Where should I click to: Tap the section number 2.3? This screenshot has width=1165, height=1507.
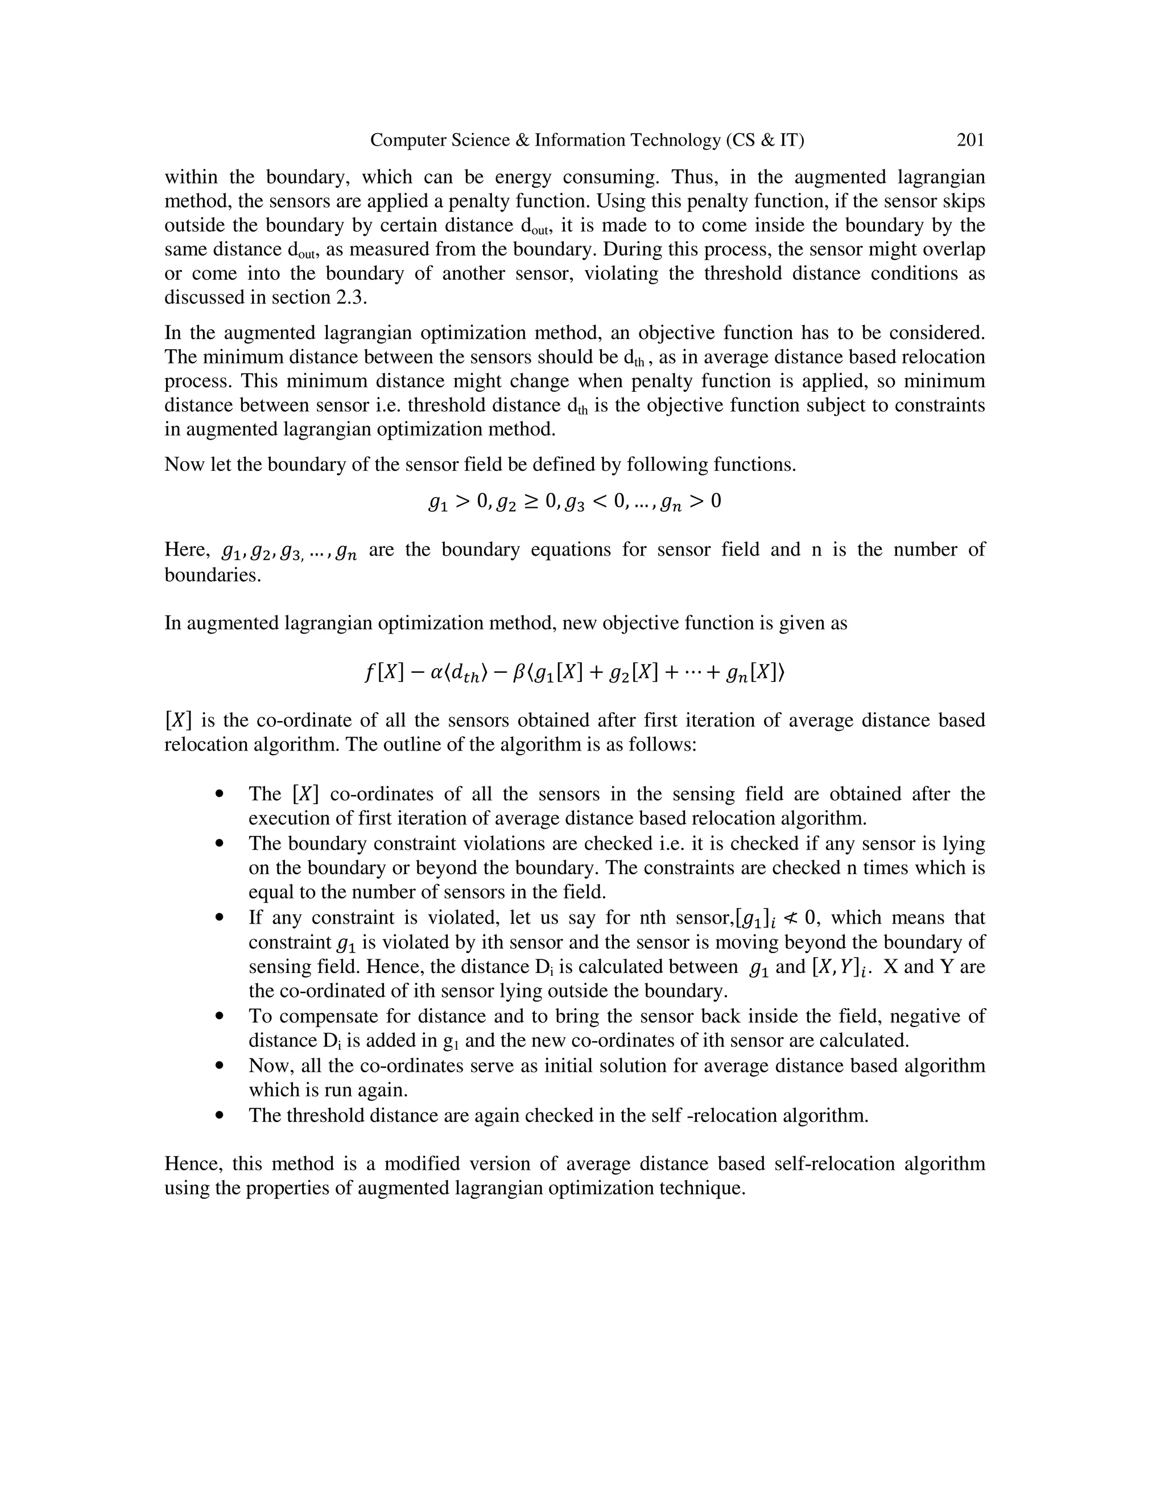[350, 297]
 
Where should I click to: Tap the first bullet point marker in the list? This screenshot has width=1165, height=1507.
[220, 794]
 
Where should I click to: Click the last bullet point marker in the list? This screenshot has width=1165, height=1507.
[220, 1116]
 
